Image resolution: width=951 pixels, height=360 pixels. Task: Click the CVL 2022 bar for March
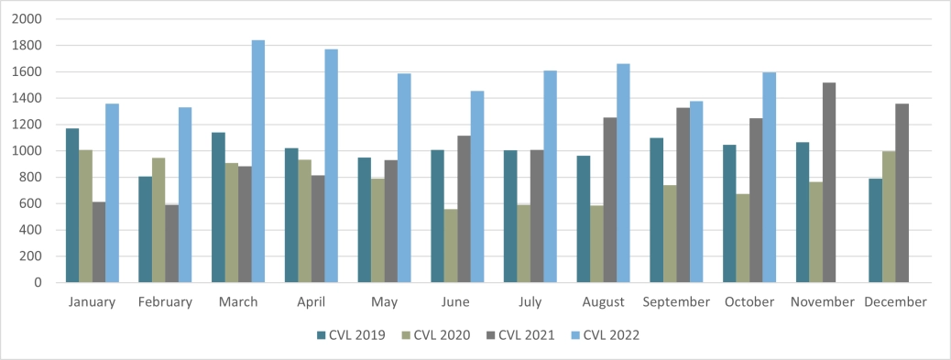click(x=258, y=161)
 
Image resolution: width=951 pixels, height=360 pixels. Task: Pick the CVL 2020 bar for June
click(x=451, y=245)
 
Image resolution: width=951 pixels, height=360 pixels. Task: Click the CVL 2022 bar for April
click(x=331, y=166)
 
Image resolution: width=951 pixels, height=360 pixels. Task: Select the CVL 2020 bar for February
click(x=158, y=220)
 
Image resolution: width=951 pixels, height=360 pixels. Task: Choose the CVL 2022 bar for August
click(x=623, y=173)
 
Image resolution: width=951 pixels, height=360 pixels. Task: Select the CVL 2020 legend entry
click(x=438, y=335)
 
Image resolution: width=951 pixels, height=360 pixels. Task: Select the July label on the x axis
click(x=530, y=302)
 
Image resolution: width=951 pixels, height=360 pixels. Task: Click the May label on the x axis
click(x=384, y=302)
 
